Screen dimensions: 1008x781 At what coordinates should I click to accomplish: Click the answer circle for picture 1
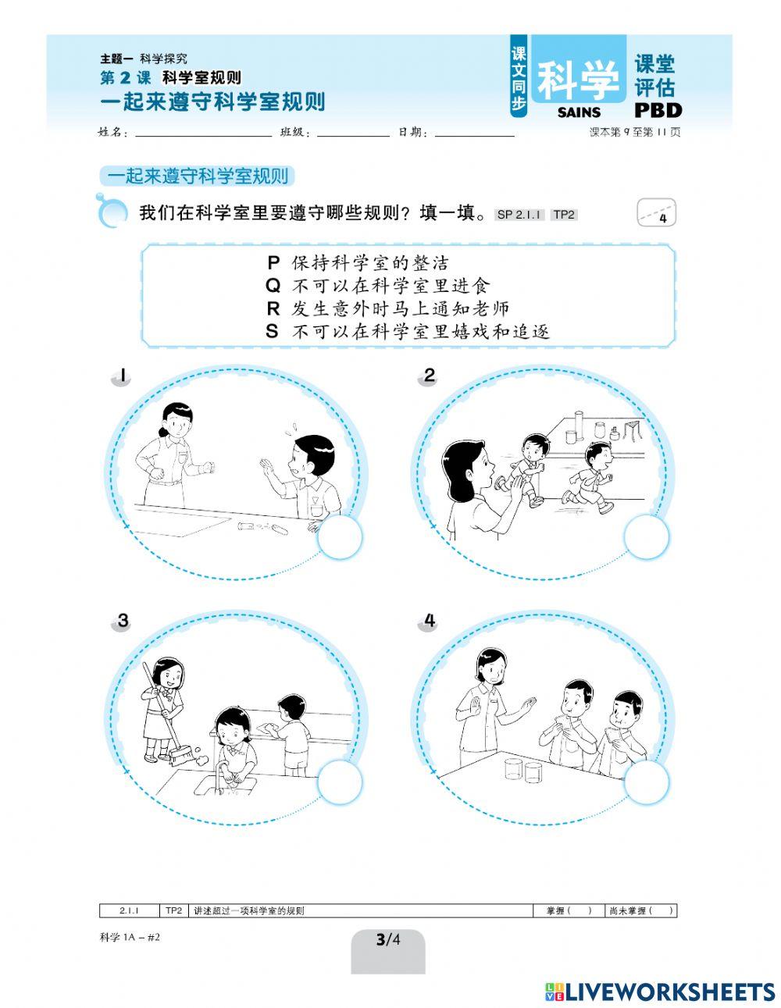pyautogui.click(x=341, y=537)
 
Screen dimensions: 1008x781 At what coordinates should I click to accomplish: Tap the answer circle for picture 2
pyautogui.click(x=647, y=538)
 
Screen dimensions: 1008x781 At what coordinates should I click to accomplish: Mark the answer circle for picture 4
pyautogui.click(x=647, y=782)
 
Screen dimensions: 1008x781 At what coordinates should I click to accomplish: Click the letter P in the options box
pyautogui.click(x=273, y=262)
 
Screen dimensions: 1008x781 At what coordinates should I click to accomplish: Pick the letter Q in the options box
pyautogui.click(x=273, y=286)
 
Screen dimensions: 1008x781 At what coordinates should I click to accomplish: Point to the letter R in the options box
pyautogui.click(x=273, y=308)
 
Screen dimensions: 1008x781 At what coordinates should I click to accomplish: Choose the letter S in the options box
pyautogui.click(x=273, y=331)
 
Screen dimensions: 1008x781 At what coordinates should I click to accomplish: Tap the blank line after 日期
pyautogui.click(x=474, y=134)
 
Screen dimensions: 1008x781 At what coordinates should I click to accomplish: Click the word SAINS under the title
pyautogui.click(x=580, y=112)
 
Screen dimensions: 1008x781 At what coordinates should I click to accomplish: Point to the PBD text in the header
pyautogui.click(x=658, y=110)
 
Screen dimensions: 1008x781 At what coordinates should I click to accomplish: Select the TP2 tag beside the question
pyautogui.click(x=563, y=214)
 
